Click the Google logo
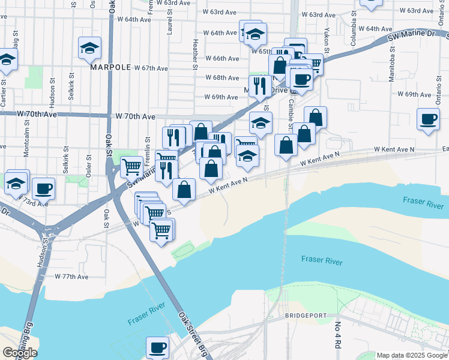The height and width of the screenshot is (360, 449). click(20, 353)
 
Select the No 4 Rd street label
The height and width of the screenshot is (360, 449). click(338, 336)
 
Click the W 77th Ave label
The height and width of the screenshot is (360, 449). click(71, 277)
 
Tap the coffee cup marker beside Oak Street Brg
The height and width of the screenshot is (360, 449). click(158, 347)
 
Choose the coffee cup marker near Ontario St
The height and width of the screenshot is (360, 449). click(428, 119)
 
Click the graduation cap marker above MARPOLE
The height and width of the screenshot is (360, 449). click(89, 48)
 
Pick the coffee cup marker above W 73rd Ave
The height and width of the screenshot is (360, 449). click(43, 188)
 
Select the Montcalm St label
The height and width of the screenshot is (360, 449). click(26, 145)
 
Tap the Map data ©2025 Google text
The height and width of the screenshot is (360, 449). click(412, 355)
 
